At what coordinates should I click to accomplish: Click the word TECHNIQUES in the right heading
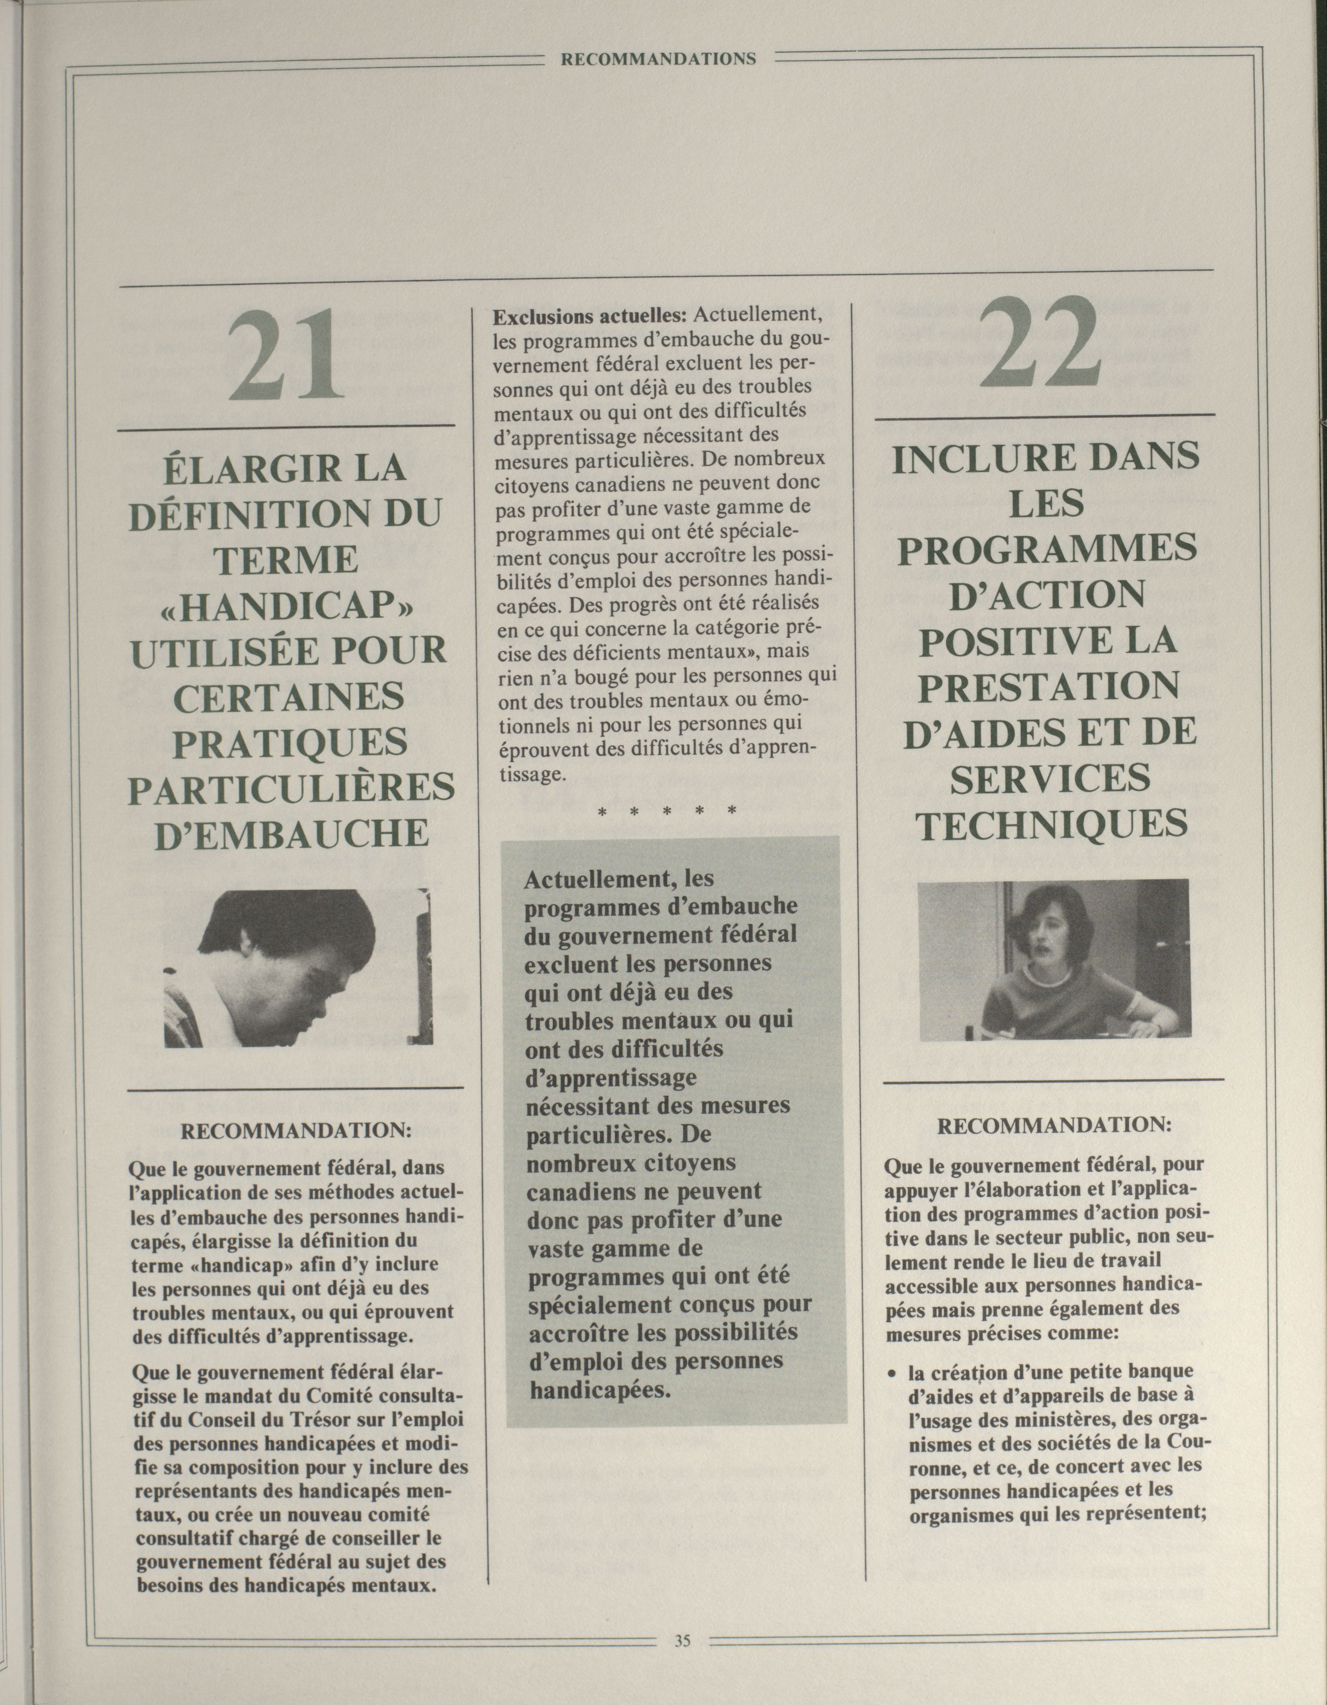click(x=1051, y=824)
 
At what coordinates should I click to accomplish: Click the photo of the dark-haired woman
click(x=1053, y=960)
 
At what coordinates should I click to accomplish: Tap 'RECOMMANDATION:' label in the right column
click(x=1053, y=1126)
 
